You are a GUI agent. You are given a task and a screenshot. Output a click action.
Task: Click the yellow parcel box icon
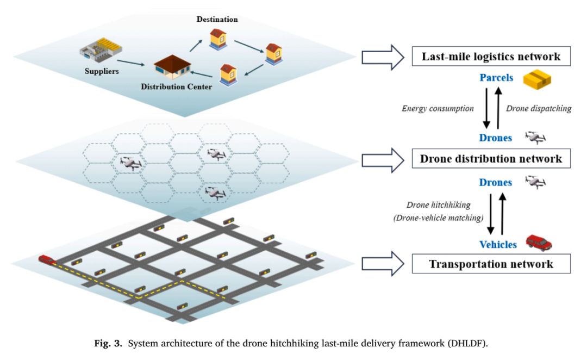(537, 79)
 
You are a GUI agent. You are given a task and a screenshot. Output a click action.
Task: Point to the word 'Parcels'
(496, 78)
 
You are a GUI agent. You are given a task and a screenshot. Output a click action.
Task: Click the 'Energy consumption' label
(438, 109)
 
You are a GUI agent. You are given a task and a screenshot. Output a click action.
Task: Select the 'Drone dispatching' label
(539, 109)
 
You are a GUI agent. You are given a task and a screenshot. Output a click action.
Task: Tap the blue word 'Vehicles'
(498, 245)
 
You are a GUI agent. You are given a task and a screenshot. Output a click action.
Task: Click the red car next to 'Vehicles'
(539, 243)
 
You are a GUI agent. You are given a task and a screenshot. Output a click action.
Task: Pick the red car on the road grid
(47, 259)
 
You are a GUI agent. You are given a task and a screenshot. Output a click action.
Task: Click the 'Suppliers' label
(102, 71)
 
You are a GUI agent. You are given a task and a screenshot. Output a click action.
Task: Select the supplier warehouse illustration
(101, 49)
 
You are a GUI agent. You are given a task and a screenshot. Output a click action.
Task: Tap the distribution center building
(173, 67)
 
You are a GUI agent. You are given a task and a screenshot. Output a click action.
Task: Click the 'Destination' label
(217, 19)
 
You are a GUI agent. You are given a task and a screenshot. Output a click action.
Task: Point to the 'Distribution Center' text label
(176, 86)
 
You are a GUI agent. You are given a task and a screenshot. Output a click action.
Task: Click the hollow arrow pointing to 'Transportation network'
(383, 264)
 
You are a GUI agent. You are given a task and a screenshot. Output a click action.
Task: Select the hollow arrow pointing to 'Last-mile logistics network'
(383, 57)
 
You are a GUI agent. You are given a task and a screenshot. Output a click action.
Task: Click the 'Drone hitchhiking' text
(439, 205)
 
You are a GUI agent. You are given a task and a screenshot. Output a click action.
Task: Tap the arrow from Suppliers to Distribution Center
(130, 63)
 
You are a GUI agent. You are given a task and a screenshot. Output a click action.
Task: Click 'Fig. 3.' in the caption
(108, 343)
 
